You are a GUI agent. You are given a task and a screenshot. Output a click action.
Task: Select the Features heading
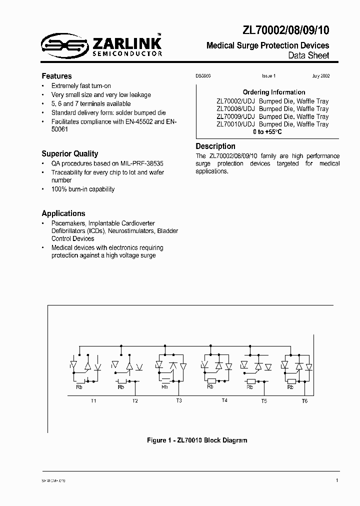[56, 76]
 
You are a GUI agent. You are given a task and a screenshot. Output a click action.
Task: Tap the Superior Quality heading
[69, 153]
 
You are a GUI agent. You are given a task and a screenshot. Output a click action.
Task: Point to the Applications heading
[63, 213]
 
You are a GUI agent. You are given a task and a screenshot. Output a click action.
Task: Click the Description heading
[215, 146]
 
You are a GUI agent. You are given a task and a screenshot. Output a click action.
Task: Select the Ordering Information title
[273, 92]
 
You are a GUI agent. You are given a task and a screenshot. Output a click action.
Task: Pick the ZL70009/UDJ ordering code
[235, 116]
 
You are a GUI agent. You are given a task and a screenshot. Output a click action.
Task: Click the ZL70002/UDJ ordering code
[235, 101]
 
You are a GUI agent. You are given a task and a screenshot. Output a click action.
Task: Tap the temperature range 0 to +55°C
[267, 132]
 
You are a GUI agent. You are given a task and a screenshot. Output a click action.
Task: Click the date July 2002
[320, 76]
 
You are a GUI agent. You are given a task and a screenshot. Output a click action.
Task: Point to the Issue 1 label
[268, 76]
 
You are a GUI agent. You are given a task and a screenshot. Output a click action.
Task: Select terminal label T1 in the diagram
[93, 401]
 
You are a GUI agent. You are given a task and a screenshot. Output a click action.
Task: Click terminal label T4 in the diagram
[224, 401]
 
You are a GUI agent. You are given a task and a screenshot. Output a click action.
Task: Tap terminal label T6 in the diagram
[304, 401]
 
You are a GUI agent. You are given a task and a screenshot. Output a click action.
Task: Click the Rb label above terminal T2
[121, 387]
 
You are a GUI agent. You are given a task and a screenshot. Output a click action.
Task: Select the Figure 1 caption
[196, 440]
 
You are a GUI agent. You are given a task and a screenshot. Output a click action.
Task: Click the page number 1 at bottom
[337, 480]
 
